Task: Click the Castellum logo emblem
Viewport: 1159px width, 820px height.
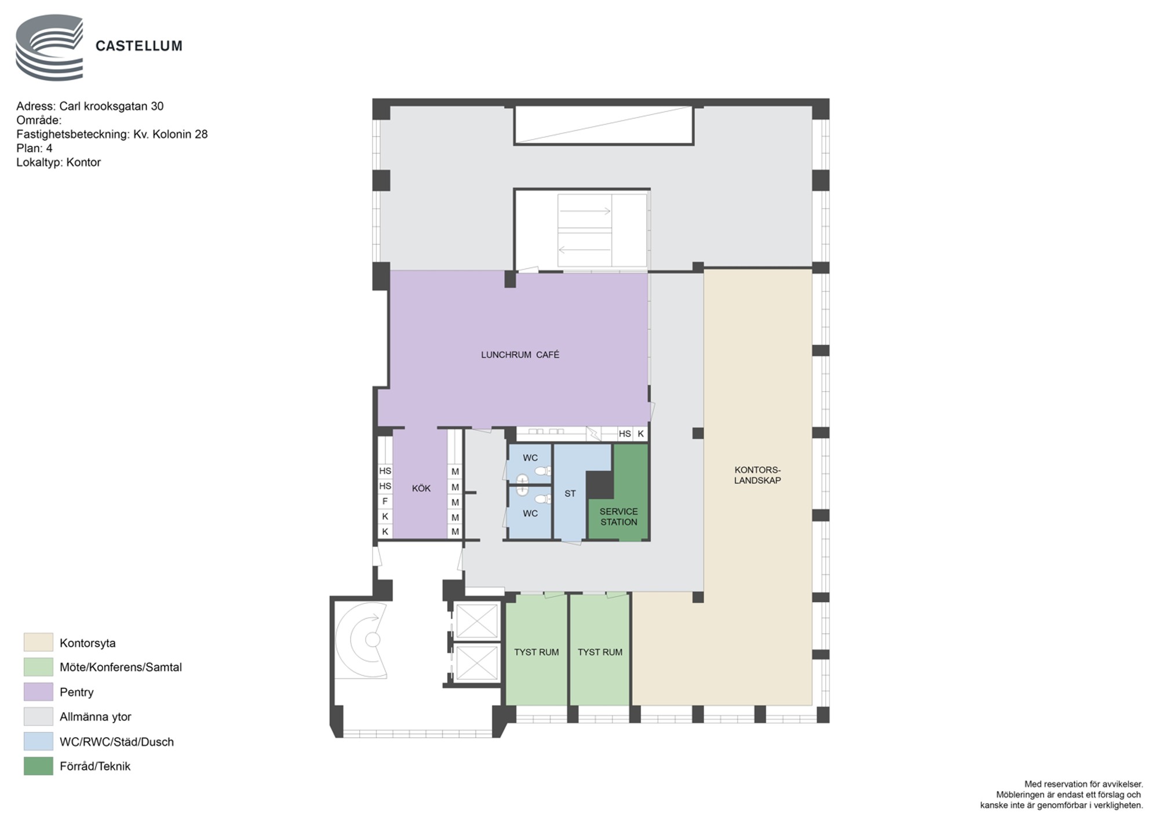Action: [x=49, y=48]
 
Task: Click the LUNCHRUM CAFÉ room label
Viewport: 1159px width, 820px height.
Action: [x=520, y=355]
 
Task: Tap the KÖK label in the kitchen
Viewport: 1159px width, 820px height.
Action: [x=421, y=489]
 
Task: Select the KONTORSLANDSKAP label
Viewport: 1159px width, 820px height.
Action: [x=757, y=475]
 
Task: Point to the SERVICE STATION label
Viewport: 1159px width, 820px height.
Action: [x=618, y=517]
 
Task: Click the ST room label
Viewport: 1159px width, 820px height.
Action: [x=570, y=494]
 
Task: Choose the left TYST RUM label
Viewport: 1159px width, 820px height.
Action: [x=537, y=652]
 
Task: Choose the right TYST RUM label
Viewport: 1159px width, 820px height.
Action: [x=600, y=652]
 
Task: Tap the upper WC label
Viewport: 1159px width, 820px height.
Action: [x=530, y=458]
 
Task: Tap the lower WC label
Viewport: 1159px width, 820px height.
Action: [x=530, y=513]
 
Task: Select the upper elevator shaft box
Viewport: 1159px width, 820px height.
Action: [x=477, y=621]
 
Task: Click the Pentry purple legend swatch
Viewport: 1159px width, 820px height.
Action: [x=38, y=692]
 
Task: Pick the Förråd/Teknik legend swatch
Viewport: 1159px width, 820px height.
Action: [x=38, y=766]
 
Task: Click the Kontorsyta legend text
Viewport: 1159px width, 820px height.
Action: [x=88, y=643]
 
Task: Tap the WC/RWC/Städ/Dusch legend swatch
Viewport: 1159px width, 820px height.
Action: [x=38, y=741]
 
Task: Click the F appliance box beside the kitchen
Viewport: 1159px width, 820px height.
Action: [x=385, y=501]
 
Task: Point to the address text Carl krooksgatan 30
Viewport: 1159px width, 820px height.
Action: [x=111, y=106]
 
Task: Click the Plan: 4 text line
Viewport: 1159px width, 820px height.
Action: [x=34, y=148]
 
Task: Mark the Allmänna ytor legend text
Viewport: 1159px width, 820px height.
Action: [x=96, y=717]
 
